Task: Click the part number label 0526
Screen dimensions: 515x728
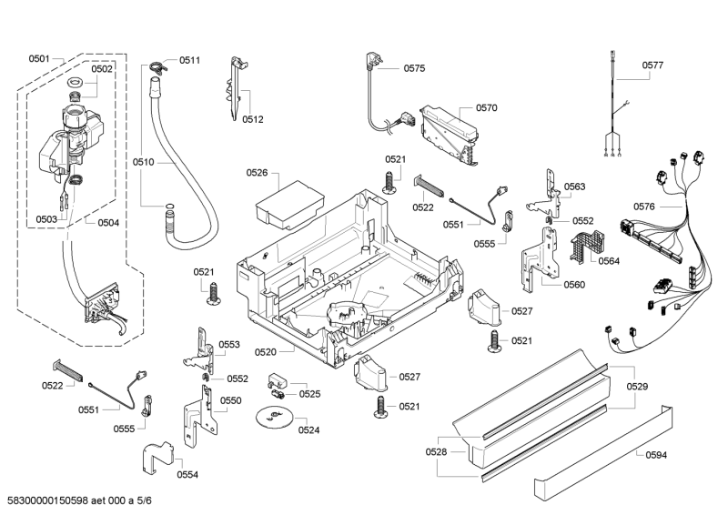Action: (257, 172)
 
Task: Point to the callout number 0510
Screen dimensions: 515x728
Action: (142, 162)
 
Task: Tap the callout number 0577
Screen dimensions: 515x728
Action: (652, 65)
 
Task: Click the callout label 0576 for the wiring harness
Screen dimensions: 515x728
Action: (644, 207)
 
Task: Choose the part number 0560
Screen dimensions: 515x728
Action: (574, 284)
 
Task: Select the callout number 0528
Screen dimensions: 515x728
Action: (437, 452)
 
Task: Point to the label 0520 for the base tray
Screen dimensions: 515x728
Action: (291, 350)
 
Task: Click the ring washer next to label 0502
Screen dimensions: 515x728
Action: (77, 83)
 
